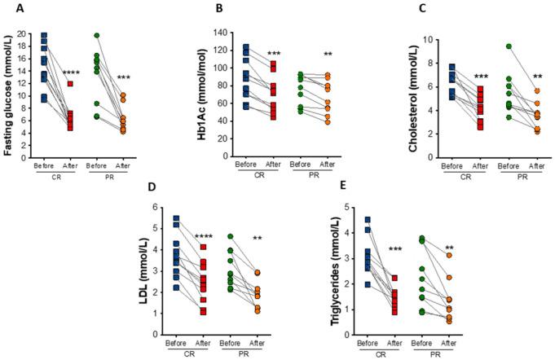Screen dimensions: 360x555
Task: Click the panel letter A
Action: pos(9,10)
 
